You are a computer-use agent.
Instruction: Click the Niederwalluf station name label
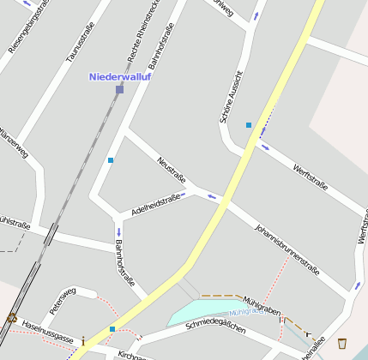(119, 76)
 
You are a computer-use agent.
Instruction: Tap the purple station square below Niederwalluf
(119, 89)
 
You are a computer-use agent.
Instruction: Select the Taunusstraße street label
(79, 44)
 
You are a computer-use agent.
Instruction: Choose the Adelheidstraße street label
(155, 204)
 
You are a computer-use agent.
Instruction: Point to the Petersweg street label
(63, 299)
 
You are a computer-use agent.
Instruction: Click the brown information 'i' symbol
(83, 343)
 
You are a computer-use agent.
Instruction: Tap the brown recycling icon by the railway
(11, 318)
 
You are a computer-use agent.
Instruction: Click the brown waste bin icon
(342, 343)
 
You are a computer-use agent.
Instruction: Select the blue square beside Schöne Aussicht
(249, 125)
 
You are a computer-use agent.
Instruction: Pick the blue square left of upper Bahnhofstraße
(111, 160)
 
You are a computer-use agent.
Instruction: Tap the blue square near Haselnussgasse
(112, 328)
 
